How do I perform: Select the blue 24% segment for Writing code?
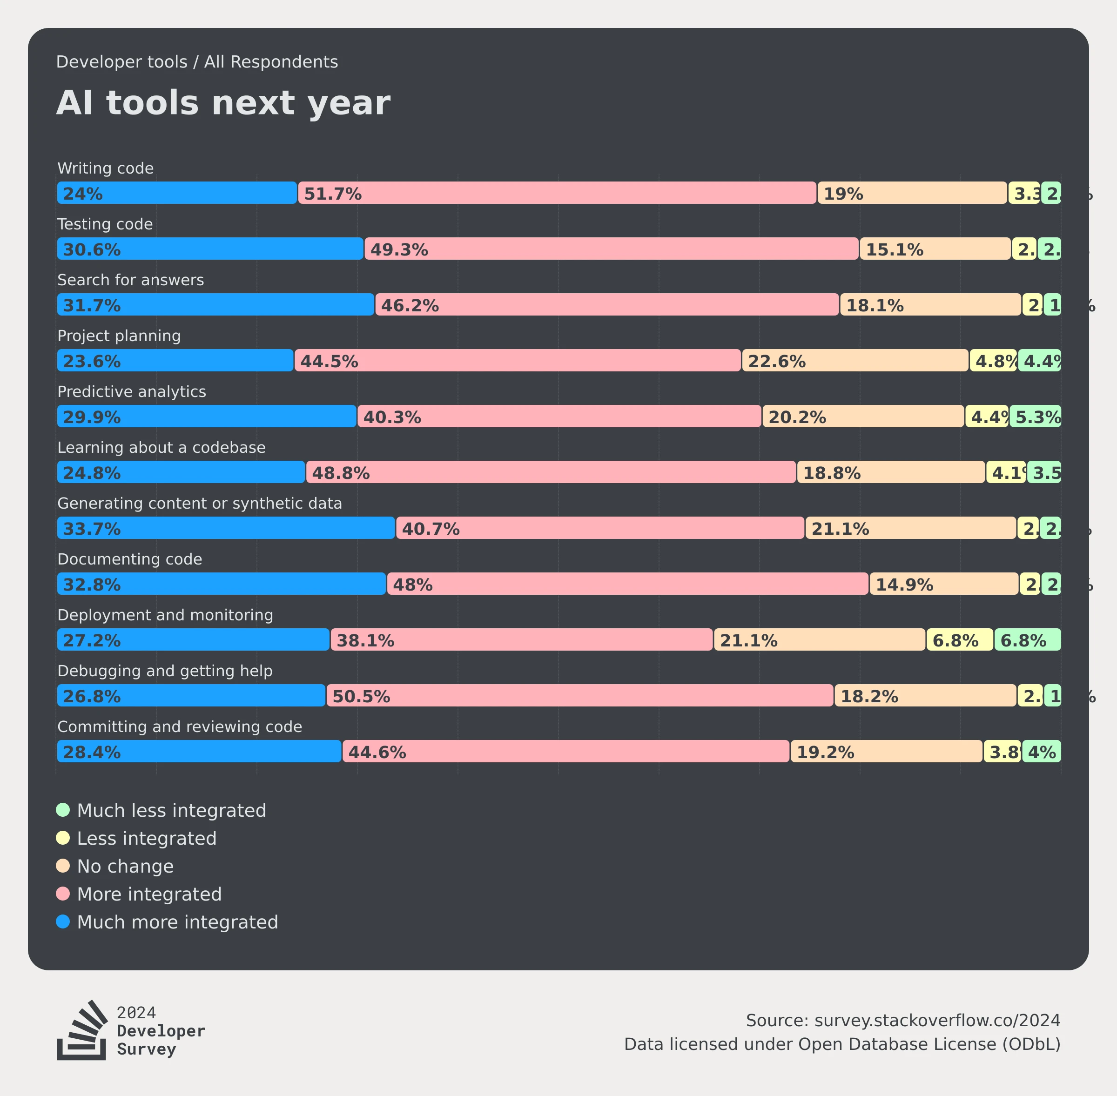[x=177, y=193]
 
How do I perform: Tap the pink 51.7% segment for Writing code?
[x=557, y=193]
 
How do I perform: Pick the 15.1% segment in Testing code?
[x=935, y=249]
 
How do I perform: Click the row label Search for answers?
[x=131, y=280]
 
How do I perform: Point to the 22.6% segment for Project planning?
[x=855, y=360]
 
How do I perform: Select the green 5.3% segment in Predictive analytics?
[x=1035, y=416]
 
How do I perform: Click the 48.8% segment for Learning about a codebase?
[x=551, y=472]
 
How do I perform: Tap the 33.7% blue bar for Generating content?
[x=226, y=528]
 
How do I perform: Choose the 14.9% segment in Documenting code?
[x=943, y=584]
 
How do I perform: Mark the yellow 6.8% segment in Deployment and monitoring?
[x=959, y=639]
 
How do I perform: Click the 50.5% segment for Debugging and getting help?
[x=579, y=695]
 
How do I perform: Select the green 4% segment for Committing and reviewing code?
[x=1042, y=751]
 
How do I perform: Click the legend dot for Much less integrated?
[x=63, y=810]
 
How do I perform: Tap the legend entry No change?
[x=125, y=866]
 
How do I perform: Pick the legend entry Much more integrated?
[x=177, y=921]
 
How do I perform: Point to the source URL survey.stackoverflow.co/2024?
[x=937, y=1021]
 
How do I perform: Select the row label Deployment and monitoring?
[x=165, y=615]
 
